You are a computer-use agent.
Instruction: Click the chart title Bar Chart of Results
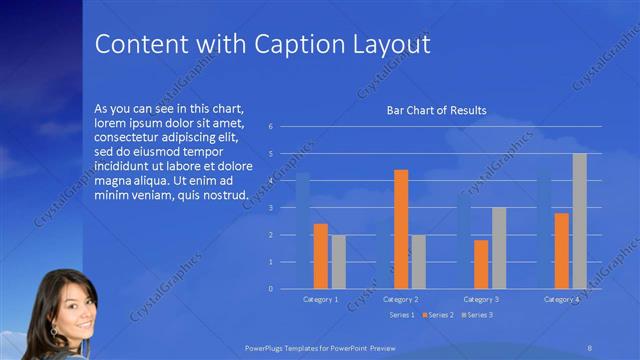click(x=436, y=110)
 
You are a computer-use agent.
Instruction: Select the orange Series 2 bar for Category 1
click(x=321, y=256)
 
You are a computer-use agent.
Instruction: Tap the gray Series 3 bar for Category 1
click(x=338, y=262)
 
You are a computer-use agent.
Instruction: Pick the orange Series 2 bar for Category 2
click(x=401, y=229)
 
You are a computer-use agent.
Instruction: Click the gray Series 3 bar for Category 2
click(x=418, y=262)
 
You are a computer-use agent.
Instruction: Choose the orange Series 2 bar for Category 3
click(x=481, y=264)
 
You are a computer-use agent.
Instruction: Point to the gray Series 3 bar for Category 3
click(x=498, y=248)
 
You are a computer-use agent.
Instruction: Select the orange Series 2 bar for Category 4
click(x=562, y=250)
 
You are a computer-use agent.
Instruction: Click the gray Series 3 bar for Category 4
click(x=579, y=221)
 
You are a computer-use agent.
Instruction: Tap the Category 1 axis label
click(x=321, y=299)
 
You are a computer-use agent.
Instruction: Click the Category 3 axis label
click(x=482, y=299)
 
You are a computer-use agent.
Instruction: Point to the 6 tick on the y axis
click(x=270, y=127)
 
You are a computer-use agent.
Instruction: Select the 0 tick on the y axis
click(x=270, y=289)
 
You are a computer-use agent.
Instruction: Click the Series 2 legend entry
click(x=437, y=315)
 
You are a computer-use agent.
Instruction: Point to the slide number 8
click(x=590, y=346)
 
